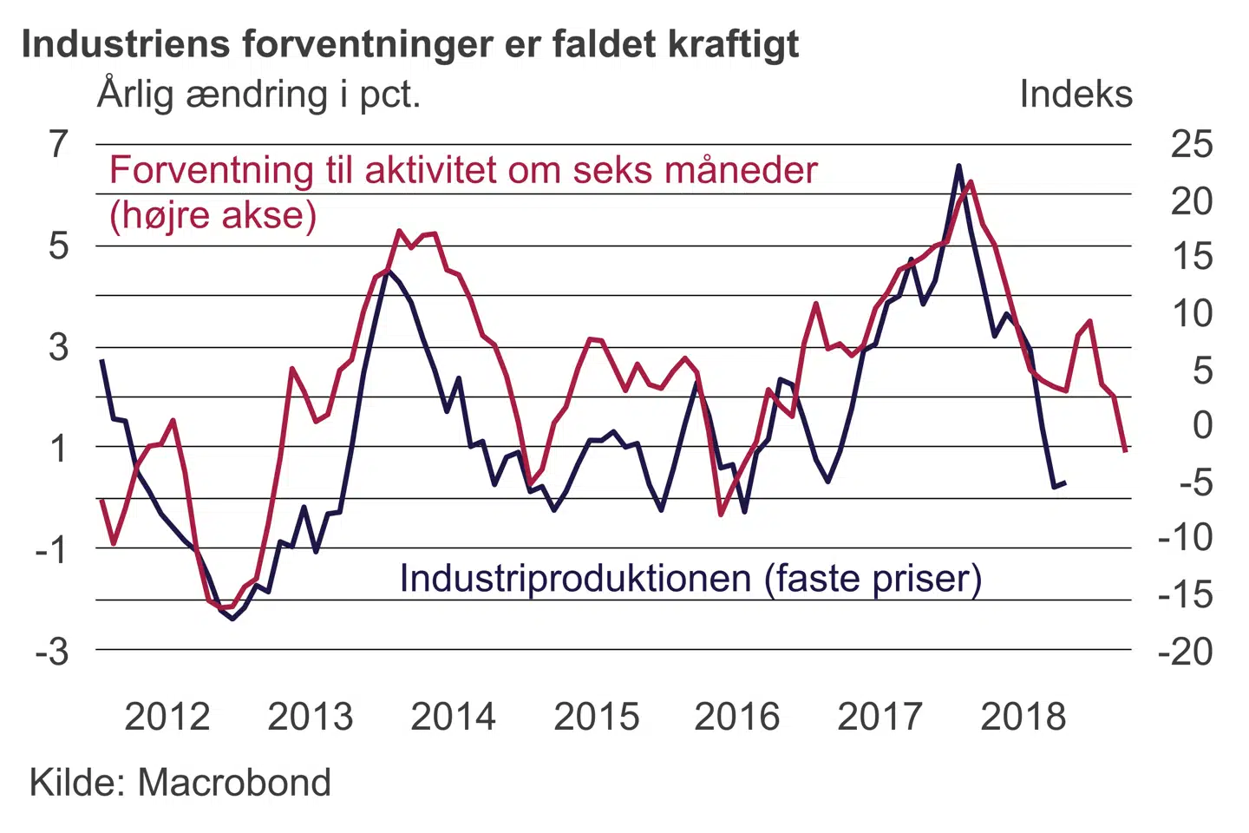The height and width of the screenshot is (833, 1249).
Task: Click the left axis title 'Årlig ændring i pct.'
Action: pos(258,94)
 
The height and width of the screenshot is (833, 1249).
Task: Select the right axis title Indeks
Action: pos(1076,94)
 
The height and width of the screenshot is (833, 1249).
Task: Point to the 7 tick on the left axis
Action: pos(58,144)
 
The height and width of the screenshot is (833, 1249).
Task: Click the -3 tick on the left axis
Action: pos(52,651)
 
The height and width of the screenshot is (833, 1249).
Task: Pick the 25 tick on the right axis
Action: pos(1191,144)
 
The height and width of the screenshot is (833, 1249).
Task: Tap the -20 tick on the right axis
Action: pos(1185,651)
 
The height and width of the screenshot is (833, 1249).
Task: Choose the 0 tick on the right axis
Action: pos(1202,425)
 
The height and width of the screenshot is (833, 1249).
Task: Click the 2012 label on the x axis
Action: pos(167,717)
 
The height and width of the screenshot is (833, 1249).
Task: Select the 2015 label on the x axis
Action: pos(596,717)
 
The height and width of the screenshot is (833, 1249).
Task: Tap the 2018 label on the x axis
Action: pos(1023,717)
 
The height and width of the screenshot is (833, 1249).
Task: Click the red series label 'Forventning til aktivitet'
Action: pos(463,170)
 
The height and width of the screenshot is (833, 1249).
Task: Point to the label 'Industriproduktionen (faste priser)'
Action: pos(690,579)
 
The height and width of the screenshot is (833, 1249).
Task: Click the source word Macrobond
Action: pos(234,783)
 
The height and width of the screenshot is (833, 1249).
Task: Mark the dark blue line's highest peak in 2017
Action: pos(958,165)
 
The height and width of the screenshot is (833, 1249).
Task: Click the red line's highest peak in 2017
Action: pos(971,181)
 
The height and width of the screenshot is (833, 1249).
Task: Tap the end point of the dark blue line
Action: pos(1065,482)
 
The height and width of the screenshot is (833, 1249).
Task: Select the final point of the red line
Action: pos(1125,450)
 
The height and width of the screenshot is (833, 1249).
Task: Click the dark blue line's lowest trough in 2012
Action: pos(232,619)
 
